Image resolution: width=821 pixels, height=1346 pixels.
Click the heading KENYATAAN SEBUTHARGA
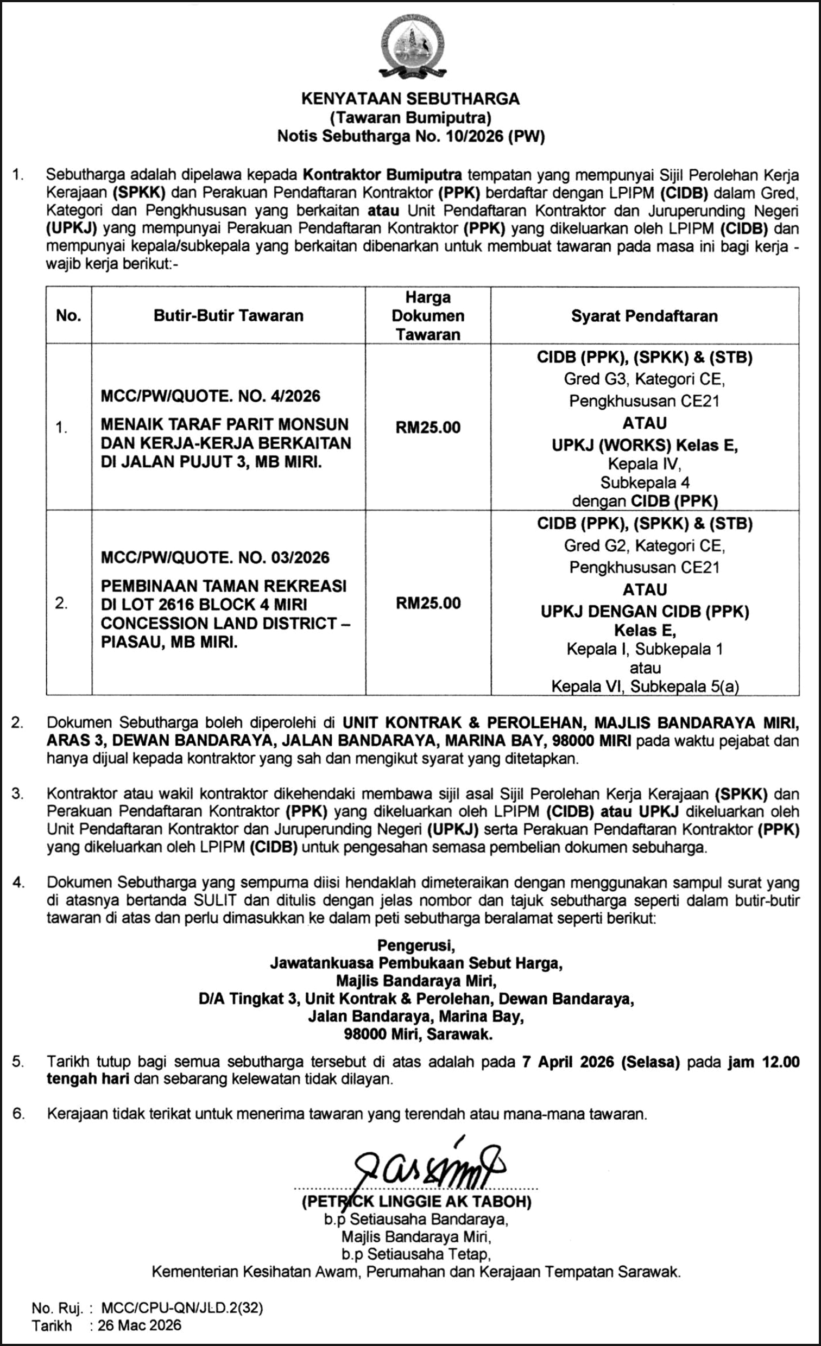[x=410, y=99]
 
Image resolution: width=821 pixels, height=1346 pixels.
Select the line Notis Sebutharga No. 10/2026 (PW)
[x=410, y=136]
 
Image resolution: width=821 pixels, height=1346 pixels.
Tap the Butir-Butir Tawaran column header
[x=228, y=316]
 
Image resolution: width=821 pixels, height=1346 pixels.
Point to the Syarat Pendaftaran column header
[x=645, y=316]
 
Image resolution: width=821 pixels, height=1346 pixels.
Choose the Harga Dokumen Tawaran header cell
[x=428, y=316]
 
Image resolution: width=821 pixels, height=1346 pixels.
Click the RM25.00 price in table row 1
[x=428, y=427]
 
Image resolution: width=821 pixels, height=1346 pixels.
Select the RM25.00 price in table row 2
[x=428, y=602]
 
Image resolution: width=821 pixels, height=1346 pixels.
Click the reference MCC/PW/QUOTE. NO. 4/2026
[x=211, y=396]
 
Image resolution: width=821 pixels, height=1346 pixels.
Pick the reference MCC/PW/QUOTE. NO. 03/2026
[x=215, y=558]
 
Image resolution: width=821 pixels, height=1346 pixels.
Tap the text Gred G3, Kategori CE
[x=645, y=379]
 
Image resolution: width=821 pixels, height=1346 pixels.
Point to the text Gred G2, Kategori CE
[x=645, y=545]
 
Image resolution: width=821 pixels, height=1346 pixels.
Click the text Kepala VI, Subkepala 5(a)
[x=645, y=686]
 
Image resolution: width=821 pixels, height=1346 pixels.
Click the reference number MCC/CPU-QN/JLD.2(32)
[x=182, y=1307]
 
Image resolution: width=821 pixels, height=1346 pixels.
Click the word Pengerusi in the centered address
[x=416, y=944]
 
